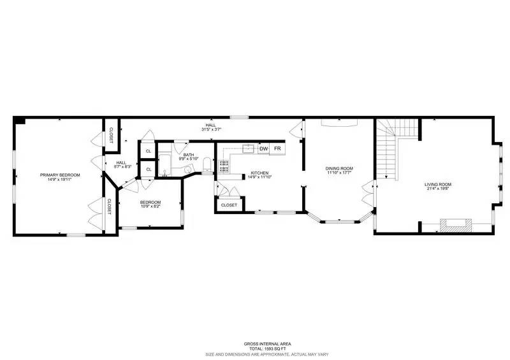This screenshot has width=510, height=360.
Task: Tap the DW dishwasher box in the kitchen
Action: tap(263, 149)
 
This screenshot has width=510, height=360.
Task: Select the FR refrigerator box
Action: tap(277, 149)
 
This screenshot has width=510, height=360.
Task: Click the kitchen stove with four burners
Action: tap(224, 166)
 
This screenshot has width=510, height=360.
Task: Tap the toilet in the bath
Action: tap(207, 166)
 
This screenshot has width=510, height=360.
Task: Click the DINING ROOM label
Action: tap(339, 168)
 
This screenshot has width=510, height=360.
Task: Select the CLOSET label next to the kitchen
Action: tap(229, 205)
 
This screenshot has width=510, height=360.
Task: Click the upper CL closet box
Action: tap(148, 151)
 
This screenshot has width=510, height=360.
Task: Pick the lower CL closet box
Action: tap(148, 169)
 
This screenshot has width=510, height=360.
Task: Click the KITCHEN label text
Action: tap(259, 173)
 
